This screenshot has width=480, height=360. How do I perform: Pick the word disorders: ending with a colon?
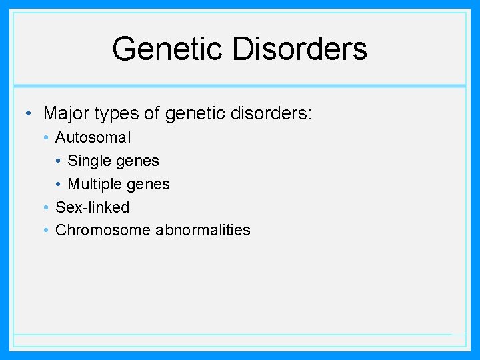(270, 113)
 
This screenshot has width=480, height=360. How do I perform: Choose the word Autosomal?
(93, 137)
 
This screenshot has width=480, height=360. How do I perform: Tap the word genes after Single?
(137, 161)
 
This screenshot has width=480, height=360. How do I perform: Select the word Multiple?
(93, 184)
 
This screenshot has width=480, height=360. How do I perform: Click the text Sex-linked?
(92, 207)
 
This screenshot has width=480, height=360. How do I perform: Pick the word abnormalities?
(203, 230)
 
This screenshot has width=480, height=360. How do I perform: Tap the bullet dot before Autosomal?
(45, 138)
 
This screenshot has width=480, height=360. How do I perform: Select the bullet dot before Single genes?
(58, 161)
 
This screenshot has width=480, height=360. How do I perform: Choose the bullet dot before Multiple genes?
(58, 185)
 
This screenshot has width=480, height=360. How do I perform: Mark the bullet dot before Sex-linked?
(45, 208)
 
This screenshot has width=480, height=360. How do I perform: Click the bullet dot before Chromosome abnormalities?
(45, 231)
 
